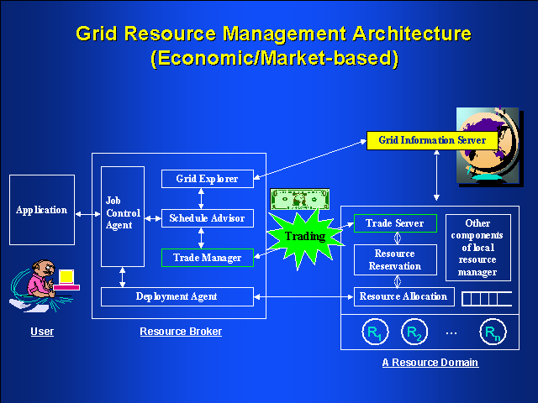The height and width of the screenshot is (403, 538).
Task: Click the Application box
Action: [42, 210]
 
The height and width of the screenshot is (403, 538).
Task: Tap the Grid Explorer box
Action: [207, 179]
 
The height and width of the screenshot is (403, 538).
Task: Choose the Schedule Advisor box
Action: [207, 218]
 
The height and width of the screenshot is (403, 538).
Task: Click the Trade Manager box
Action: [207, 258]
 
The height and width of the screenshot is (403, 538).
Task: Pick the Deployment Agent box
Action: [177, 296]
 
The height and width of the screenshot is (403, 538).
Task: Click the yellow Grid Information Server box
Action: [426, 140]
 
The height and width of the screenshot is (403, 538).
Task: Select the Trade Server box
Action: [395, 223]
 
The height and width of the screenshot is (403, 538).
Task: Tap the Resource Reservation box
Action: [395, 259]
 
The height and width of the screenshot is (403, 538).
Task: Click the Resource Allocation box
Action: [403, 296]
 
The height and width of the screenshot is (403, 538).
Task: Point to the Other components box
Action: [477, 248]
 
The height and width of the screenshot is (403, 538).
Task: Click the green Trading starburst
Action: [304, 237]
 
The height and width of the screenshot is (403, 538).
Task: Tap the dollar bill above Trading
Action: [299, 200]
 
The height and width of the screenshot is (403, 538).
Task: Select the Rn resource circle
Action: [493, 333]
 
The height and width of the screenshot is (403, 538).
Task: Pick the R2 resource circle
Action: [414, 333]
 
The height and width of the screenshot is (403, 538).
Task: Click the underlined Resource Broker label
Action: [181, 332]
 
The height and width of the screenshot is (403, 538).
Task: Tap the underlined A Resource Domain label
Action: [430, 363]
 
